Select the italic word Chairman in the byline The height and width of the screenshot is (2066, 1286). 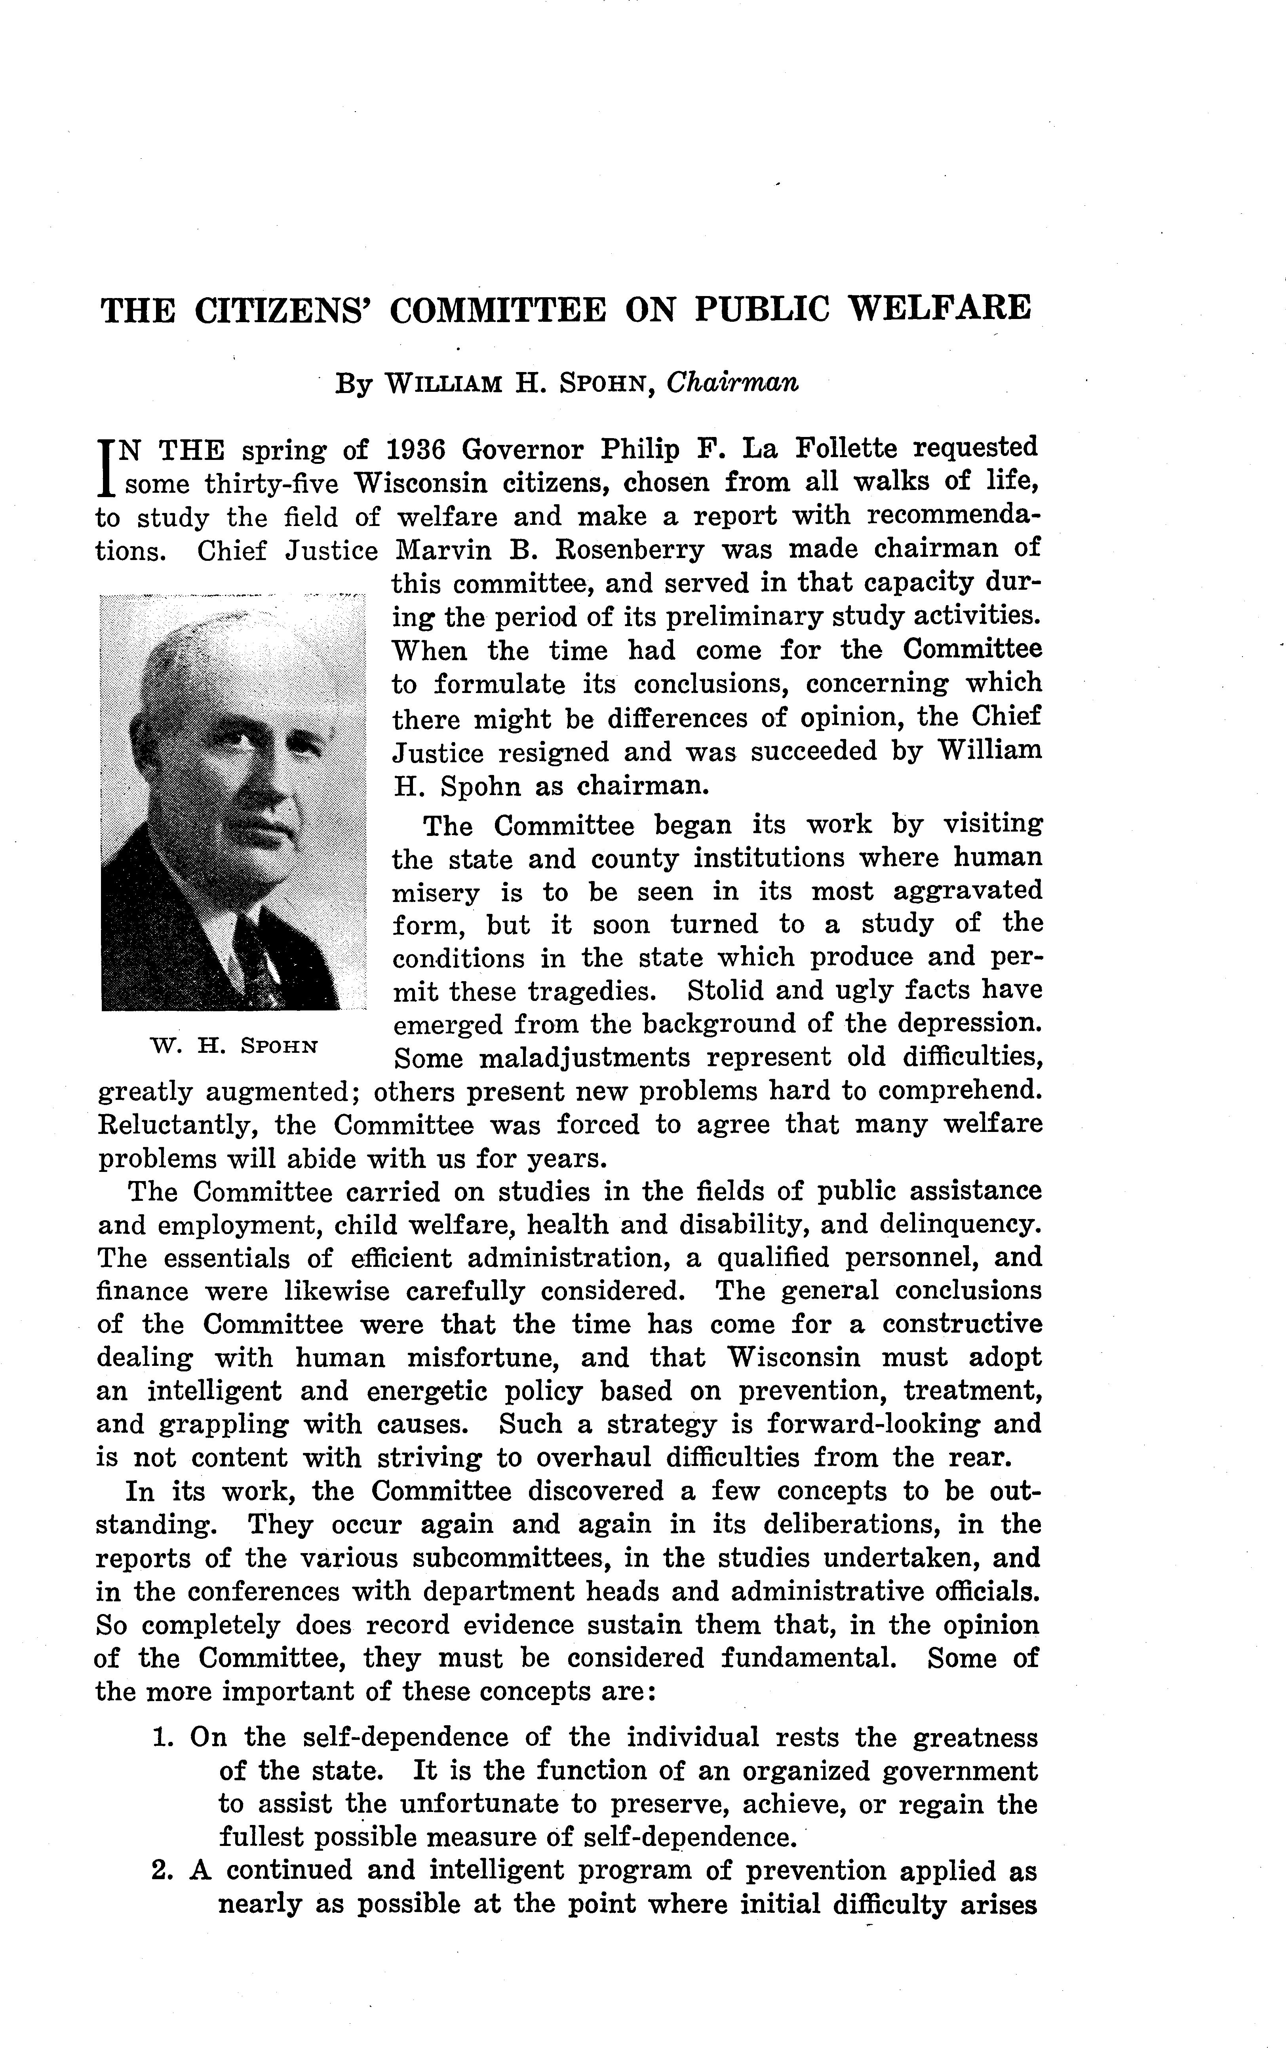pos(732,383)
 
